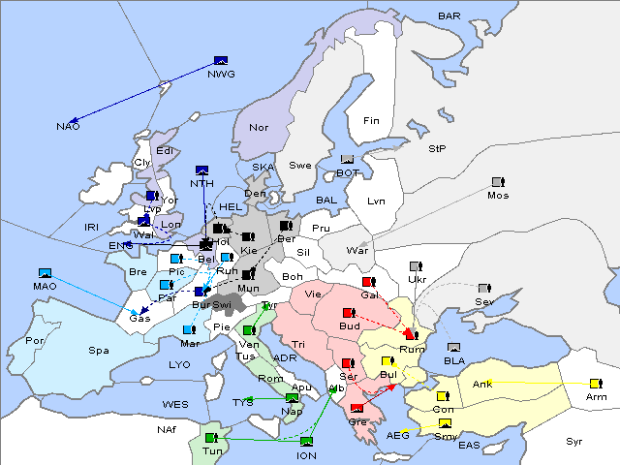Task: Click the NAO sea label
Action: (x=68, y=127)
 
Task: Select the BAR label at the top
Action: (x=449, y=16)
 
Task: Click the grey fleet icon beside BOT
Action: (x=348, y=160)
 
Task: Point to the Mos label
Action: (x=498, y=195)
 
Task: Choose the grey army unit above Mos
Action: (x=498, y=182)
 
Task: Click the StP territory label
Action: (x=438, y=149)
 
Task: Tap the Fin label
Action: (x=371, y=121)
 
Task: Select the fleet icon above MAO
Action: (x=45, y=273)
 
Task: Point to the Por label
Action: (x=35, y=341)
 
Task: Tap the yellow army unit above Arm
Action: (x=593, y=385)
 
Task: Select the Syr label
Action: (x=574, y=442)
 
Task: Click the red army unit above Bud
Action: (x=350, y=313)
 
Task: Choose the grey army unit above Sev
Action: (x=484, y=289)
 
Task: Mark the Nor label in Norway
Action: (x=259, y=127)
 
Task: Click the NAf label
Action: (x=166, y=427)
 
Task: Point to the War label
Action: (x=358, y=250)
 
